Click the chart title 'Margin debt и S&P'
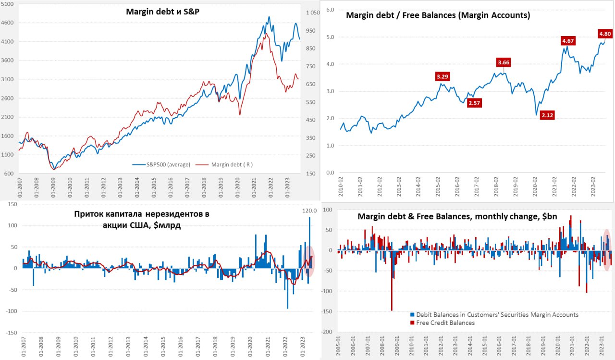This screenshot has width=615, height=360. click(x=162, y=11)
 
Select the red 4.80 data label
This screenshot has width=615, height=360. click(x=605, y=34)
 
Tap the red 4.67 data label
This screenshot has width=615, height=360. click(x=568, y=41)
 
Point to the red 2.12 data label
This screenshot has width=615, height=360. click(x=547, y=115)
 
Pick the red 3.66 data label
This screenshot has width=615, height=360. click(x=504, y=62)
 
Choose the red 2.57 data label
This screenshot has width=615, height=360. click(x=474, y=102)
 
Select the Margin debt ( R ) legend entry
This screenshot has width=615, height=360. click(x=231, y=164)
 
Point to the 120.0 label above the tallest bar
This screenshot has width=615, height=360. click(x=307, y=211)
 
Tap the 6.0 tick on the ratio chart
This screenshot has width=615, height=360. click(x=330, y=10)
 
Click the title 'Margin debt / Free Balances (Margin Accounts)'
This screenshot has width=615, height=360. click(x=438, y=15)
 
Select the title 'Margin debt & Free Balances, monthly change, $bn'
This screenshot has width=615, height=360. click(x=457, y=217)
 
